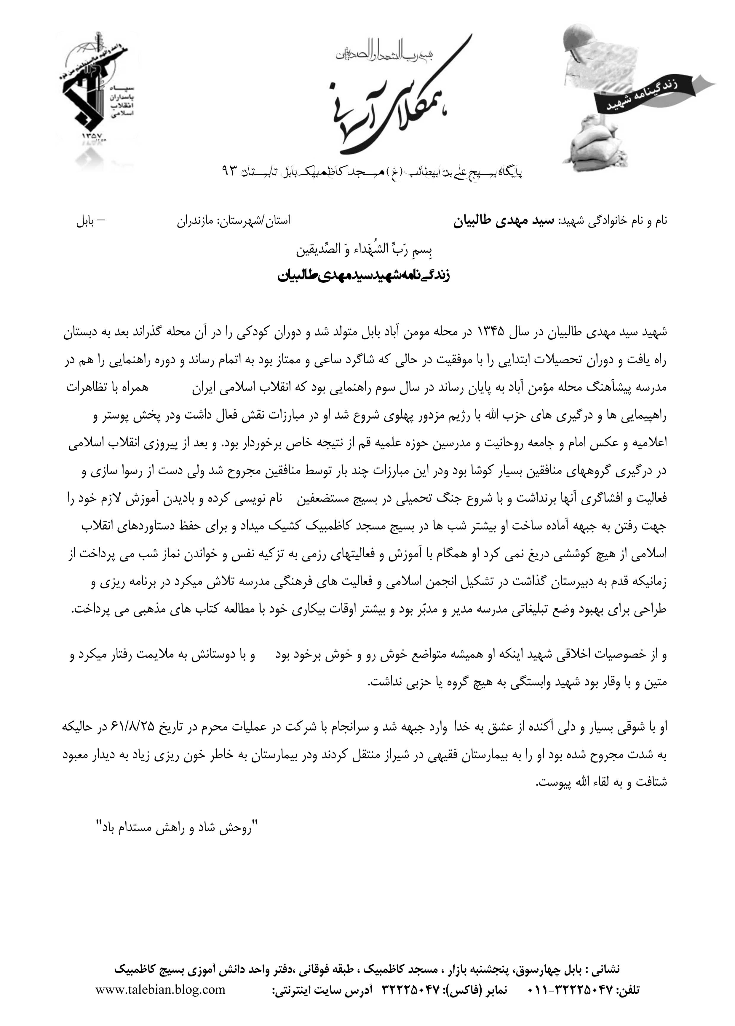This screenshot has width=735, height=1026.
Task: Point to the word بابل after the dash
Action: point(86,222)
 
